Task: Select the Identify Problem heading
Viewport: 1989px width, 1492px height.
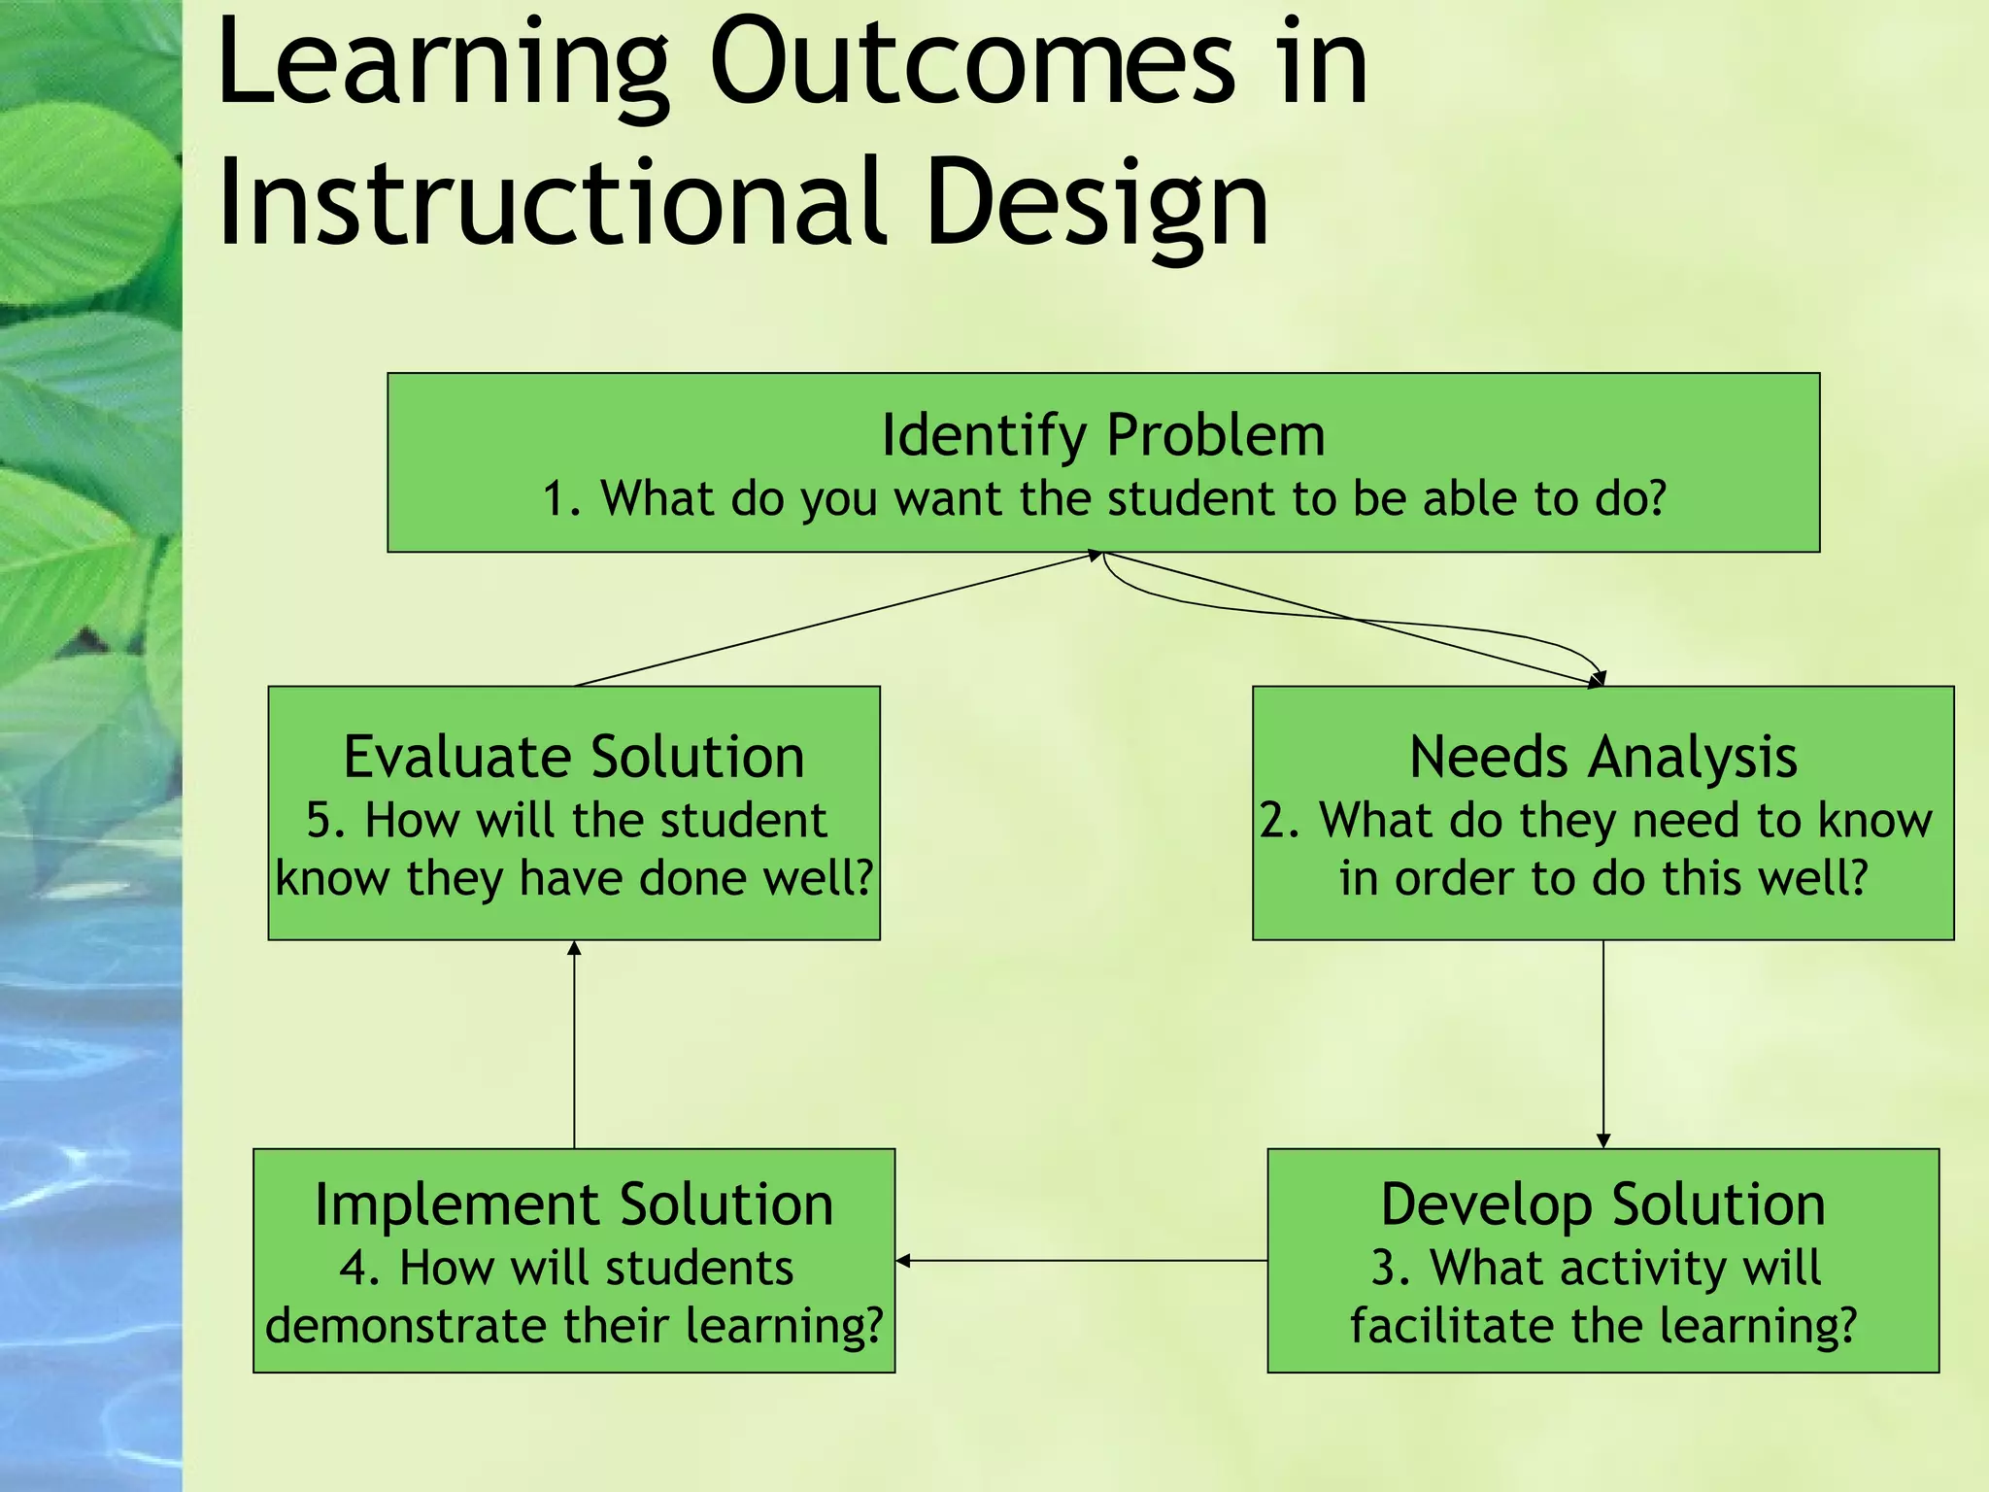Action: (1103, 435)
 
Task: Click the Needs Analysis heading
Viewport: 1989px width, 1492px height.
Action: (1602, 757)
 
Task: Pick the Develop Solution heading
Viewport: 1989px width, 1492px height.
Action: (1602, 1204)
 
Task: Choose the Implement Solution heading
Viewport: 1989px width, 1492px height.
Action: (574, 1204)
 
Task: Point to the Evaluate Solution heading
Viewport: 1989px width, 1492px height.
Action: (574, 757)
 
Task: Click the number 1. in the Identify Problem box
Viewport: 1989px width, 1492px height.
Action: (562, 499)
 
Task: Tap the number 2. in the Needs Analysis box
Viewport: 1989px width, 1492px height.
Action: (1280, 821)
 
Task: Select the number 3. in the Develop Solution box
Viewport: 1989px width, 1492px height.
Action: (1390, 1269)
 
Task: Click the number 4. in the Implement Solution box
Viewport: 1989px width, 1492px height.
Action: (358, 1269)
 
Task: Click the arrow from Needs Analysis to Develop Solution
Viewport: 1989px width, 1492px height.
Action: (1603, 1044)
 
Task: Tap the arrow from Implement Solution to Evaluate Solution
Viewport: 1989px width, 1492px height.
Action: (574, 1044)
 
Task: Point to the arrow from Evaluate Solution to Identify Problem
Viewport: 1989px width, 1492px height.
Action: (835, 620)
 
